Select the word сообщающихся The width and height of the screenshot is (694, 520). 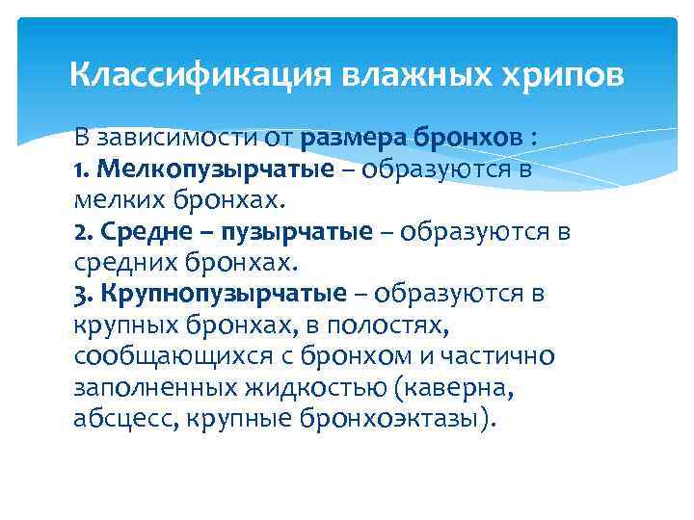(152, 356)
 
